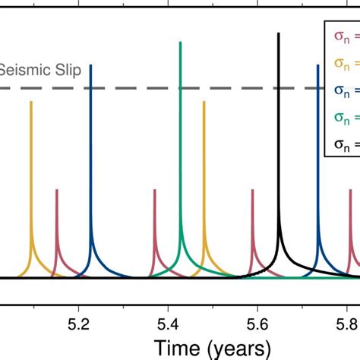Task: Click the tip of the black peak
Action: coord(279,33)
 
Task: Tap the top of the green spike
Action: coord(181,42)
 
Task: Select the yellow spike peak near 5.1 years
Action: coord(31,102)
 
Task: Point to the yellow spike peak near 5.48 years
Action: coord(204,102)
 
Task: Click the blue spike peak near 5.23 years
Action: coord(91,65)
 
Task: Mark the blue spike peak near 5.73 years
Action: coord(317,65)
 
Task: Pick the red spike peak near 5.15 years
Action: coord(57,190)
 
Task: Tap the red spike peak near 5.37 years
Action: coord(154,190)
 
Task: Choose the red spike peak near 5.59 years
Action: coord(252,190)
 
